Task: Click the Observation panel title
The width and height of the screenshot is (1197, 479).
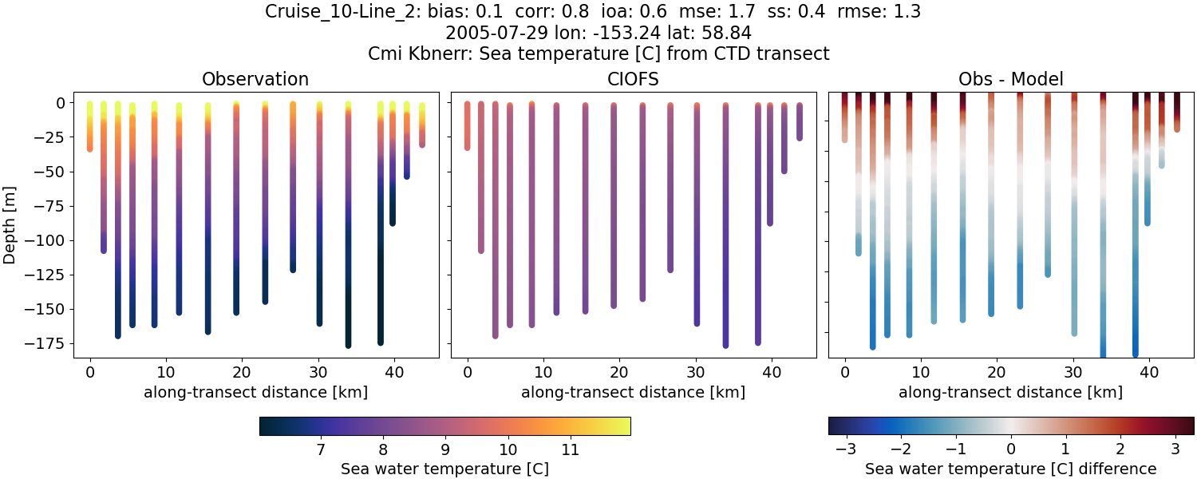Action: point(255,79)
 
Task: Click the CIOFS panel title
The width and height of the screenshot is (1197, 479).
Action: point(633,79)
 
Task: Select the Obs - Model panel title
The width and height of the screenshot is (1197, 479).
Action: point(1010,79)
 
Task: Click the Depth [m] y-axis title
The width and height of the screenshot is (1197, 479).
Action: point(11,224)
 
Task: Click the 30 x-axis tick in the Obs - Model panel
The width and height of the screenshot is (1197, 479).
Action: point(1073,372)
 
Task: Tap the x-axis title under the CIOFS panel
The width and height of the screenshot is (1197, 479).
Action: point(633,392)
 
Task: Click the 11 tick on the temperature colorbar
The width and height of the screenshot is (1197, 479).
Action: point(570,449)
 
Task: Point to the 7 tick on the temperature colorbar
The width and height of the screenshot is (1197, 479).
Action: point(320,449)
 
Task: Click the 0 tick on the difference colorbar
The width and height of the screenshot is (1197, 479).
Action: point(1011,449)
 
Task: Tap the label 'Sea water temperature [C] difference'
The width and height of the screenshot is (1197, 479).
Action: point(1010,469)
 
